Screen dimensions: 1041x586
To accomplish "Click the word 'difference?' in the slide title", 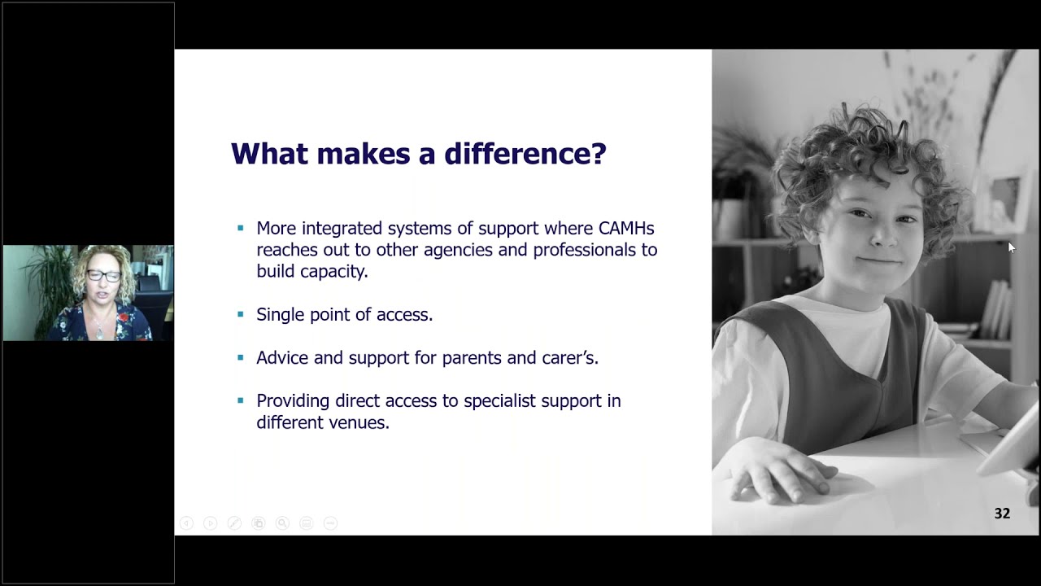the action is point(525,153).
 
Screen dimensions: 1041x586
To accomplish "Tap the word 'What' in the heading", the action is point(269,153).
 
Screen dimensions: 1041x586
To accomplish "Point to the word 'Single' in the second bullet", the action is point(281,315).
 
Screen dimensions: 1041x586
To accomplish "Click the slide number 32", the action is point(1002,514).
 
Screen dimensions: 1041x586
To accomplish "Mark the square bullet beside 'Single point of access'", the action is point(240,314).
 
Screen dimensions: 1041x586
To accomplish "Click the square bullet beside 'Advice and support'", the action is point(240,357).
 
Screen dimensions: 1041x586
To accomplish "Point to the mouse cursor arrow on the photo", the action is point(1011,247).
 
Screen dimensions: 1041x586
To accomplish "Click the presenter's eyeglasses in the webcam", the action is point(103,276).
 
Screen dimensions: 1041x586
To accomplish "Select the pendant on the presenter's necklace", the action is point(100,332).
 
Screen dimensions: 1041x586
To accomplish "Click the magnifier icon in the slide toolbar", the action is point(282,523).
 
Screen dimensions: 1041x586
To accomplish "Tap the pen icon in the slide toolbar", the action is point(234,523).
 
